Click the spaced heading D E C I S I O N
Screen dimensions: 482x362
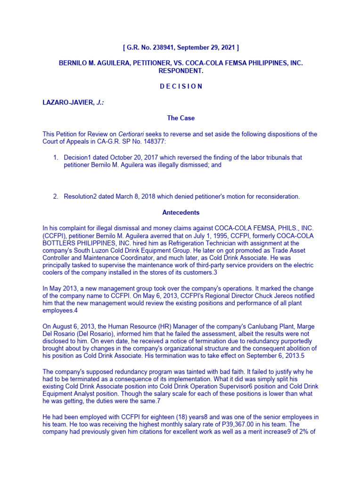tap(181, 86)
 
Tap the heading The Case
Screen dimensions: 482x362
tap(181, 118)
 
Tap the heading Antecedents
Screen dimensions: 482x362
tap(181, 212)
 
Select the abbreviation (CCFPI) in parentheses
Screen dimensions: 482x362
tap(55, 236)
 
